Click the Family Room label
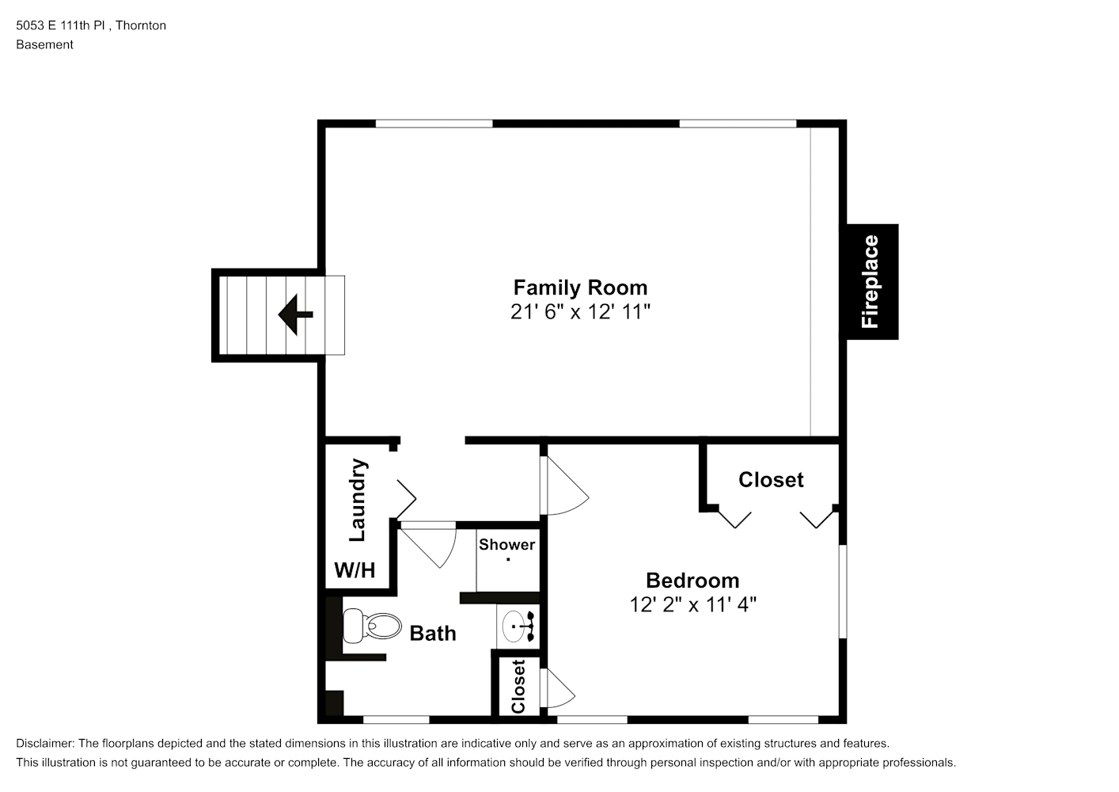click(x=580, y=287)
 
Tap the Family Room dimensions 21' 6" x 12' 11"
click(x=580, y=311)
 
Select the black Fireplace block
click(x=872, y=282)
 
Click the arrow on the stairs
click(x=295, y=314)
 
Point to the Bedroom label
click(x=692, y=581)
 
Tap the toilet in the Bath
click(x=372, y=626)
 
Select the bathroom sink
click(x=518, y=626)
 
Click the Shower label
click(x=506, y=545)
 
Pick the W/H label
click(x=355, y=570)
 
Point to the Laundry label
click(x=358, y=500)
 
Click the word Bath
click(x=433, y=634)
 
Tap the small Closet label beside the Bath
click(x=518, y=687)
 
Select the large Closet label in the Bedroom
click(x=771, y=480)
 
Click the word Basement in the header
click(x=44, y=44)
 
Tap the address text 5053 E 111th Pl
click(x=60, y=25)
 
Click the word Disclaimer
click(x=44, y=744)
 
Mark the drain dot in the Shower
click(x=508, y=559)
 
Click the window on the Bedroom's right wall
click(x=843, y=592)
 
